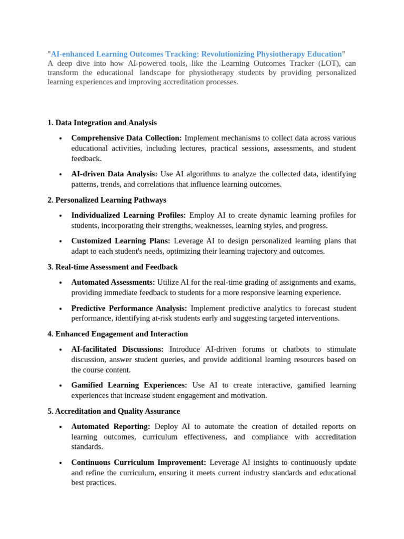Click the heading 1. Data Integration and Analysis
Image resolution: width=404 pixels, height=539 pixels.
(102, 123)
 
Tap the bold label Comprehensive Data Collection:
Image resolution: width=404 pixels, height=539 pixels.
(126, 138)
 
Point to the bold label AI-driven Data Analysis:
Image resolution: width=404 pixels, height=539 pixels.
(114, 174)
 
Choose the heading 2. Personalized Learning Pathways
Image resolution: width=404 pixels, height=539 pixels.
(107, 200)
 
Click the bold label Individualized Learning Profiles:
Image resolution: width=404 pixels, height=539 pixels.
(128, 215)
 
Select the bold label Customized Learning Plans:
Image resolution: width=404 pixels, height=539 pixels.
(120, 241)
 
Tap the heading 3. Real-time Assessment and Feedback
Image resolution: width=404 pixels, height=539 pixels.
(113, 267)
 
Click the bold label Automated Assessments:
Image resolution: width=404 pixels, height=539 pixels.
(113, 282)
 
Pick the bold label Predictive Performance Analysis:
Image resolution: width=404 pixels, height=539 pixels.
(129, 308)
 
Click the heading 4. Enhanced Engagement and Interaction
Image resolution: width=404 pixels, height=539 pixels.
(117, 334)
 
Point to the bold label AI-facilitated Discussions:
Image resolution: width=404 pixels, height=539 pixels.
(117, 349)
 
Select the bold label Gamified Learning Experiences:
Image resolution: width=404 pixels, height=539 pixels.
(129, 385)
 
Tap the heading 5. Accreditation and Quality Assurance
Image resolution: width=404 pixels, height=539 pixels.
(114, 411)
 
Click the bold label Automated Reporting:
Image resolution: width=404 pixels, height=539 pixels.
(110, 426)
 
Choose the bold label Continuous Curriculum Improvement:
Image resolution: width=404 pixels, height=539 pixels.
(138, 462)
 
